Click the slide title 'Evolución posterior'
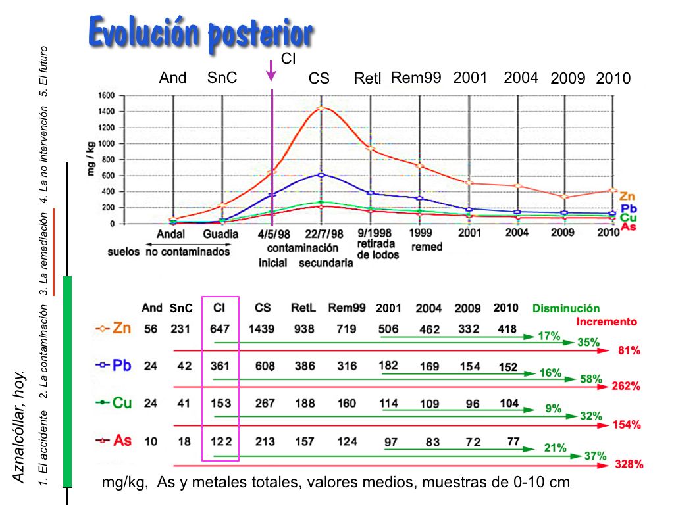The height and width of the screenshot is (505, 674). click(200, 32)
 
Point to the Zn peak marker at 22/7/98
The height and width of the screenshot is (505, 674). click(321, 108)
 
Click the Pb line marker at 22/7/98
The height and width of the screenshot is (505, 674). click(321, 175)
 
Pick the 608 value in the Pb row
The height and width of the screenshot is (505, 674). click(265, 366)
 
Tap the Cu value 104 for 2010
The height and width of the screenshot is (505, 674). click(509, 404)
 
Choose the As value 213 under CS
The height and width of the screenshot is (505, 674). click(265, 441)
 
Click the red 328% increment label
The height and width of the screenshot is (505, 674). click(629, 464)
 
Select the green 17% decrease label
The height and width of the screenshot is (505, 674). click(549, 336)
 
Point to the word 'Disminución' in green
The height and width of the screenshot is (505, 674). click(566, 308)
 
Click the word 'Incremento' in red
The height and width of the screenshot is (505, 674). click(606, 322)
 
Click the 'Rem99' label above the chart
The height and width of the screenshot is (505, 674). click(415, 78)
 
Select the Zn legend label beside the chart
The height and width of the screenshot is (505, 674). click(627, 197)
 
